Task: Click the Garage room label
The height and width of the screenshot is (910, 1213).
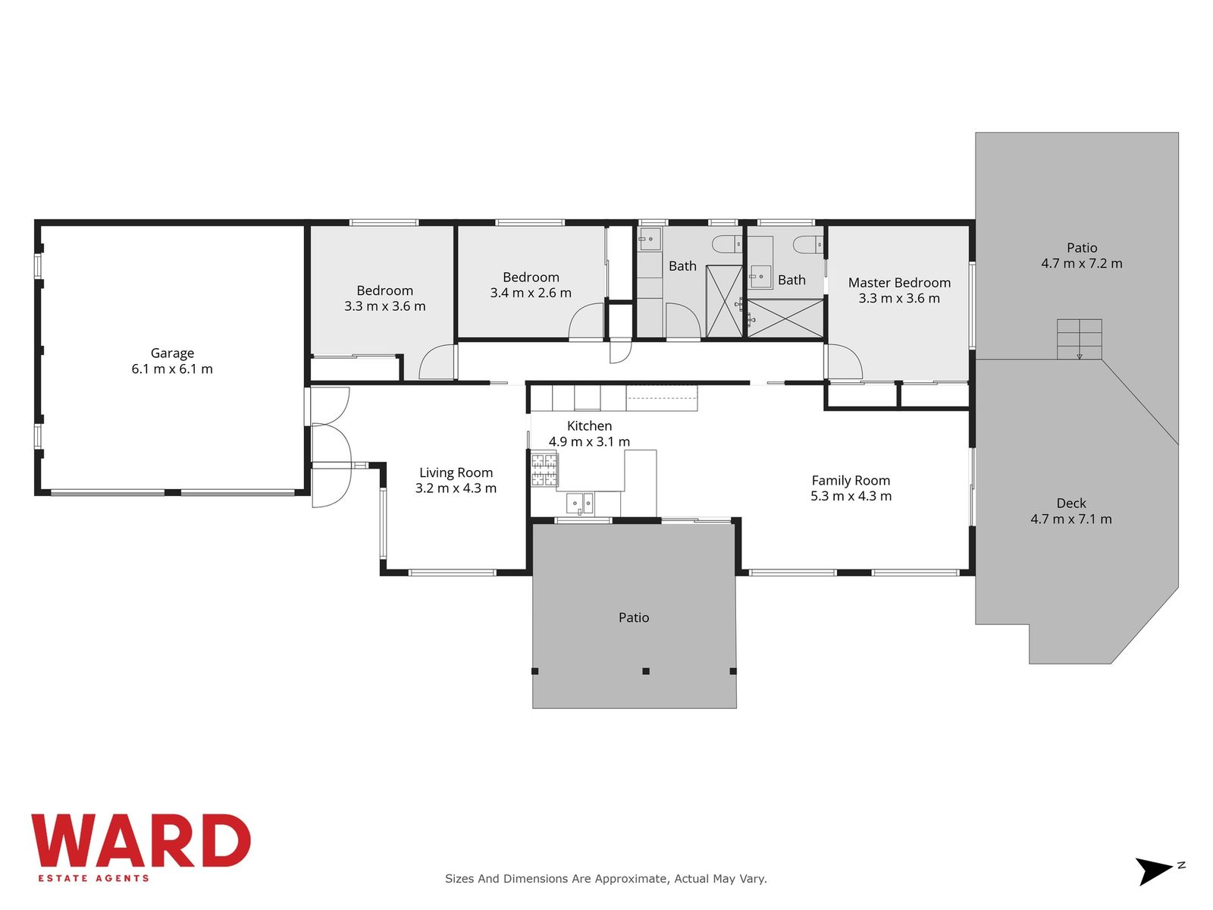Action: click(172, 353)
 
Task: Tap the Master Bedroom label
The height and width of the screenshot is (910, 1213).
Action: click(899, 282)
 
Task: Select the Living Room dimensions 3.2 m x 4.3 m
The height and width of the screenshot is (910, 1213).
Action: click(456, 488)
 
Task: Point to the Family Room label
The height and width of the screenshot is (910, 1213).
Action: click(851, 481)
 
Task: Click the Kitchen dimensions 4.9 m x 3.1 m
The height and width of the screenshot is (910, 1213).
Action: click(589, 441)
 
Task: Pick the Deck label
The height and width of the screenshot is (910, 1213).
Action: click(1071, 504)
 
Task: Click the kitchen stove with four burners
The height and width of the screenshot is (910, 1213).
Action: click(544, 469)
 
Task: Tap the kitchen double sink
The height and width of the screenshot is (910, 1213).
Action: click(580, 504)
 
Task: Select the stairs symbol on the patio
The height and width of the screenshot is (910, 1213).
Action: click(1080, 339)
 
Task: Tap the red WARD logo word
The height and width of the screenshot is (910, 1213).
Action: click(141, 840)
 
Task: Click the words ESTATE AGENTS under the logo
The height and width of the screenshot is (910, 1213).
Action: click(93, 878)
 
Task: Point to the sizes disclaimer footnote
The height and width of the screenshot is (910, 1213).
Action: click(606, 878)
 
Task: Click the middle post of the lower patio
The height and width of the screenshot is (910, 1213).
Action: click(645, 671)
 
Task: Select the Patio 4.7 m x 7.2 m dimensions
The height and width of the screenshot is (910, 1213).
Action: click(1082, 264)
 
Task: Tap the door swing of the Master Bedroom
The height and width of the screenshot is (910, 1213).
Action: click(844, 362)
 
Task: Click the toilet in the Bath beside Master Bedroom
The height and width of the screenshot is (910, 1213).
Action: click(808, 244)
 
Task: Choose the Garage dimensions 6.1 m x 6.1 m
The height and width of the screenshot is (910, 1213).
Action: click(172, 369)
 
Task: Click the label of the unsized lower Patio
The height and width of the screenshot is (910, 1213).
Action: click(633, 617)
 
